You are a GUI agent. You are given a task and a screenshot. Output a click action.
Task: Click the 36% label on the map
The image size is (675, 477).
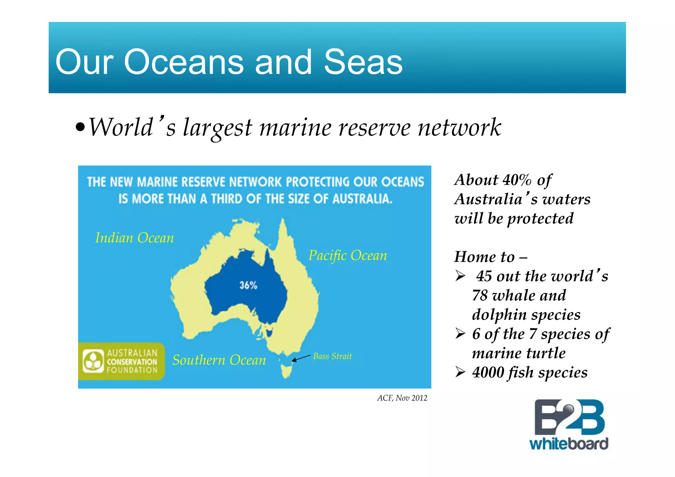tap(248, 285)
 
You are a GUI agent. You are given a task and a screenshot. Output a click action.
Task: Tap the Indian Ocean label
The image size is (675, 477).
tap(134, 238)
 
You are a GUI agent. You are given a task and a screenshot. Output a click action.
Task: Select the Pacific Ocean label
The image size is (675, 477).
tap(348, 255)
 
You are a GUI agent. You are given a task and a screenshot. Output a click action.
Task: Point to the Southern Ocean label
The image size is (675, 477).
tap(219, 360)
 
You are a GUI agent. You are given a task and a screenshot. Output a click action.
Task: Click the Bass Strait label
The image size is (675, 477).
tap(332, 356)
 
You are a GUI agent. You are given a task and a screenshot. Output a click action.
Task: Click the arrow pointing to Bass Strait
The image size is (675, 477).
tap(301, 358)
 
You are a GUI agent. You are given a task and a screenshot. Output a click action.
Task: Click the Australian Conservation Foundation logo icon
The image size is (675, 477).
tap(93, 361)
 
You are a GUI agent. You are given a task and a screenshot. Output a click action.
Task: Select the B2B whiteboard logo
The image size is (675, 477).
tap(569, 425)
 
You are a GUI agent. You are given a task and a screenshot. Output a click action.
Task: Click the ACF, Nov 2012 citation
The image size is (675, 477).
tap(402, 398)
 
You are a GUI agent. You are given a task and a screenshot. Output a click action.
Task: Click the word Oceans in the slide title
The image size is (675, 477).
tap(184, 62)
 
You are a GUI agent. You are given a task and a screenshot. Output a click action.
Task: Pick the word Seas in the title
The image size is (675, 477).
tap(363, 62)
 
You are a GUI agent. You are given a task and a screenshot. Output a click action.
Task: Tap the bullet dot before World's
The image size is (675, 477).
tap(80, 127)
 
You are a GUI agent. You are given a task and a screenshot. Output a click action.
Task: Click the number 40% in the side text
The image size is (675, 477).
tap(517, 180)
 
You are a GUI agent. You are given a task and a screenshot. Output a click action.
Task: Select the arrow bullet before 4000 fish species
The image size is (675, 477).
tap(460, 373)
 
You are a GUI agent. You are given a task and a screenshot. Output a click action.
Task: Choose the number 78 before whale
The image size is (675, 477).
tap(480, 295)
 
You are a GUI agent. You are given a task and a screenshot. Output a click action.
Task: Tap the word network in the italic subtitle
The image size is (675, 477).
tap(459, 128)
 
